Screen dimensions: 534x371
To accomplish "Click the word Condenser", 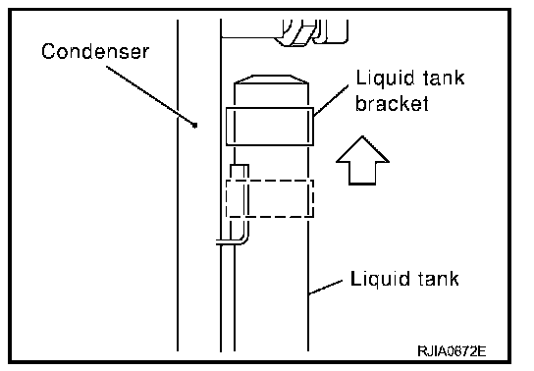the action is coord(95,51).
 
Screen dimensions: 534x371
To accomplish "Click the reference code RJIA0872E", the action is coord(452,351).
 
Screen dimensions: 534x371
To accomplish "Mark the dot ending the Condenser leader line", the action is coord(194,126).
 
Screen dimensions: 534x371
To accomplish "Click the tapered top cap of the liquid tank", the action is coord(271,79).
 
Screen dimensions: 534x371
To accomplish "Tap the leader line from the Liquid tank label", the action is coord(325,287).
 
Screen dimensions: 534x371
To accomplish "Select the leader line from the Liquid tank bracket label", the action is coord(331,100).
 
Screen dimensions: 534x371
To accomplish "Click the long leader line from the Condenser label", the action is coord(150,95).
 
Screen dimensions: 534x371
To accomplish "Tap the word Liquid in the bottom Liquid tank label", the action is coord(375,280).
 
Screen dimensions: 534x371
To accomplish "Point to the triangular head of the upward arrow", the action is coord(362,149).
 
